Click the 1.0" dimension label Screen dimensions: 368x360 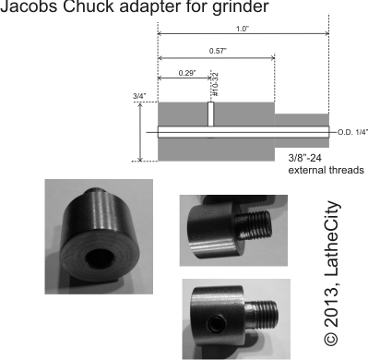pyautogui.click(x=243, y=29)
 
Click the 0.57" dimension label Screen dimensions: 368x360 pyautogui.click(x=218, y=51)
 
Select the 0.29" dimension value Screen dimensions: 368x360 pyautogui.click(x=187, y=73)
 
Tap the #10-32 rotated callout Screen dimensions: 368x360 pyautogui.click(x=215, y=84)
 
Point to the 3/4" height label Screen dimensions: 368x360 pyautogui.click(x=139, y=96)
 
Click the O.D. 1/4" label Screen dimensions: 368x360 pyautogui.click(x=352, y=133)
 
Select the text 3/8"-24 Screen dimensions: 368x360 pyautogui.click(x=305, y=158)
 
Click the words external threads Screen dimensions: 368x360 pyautogui.click(x=326, y=170)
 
